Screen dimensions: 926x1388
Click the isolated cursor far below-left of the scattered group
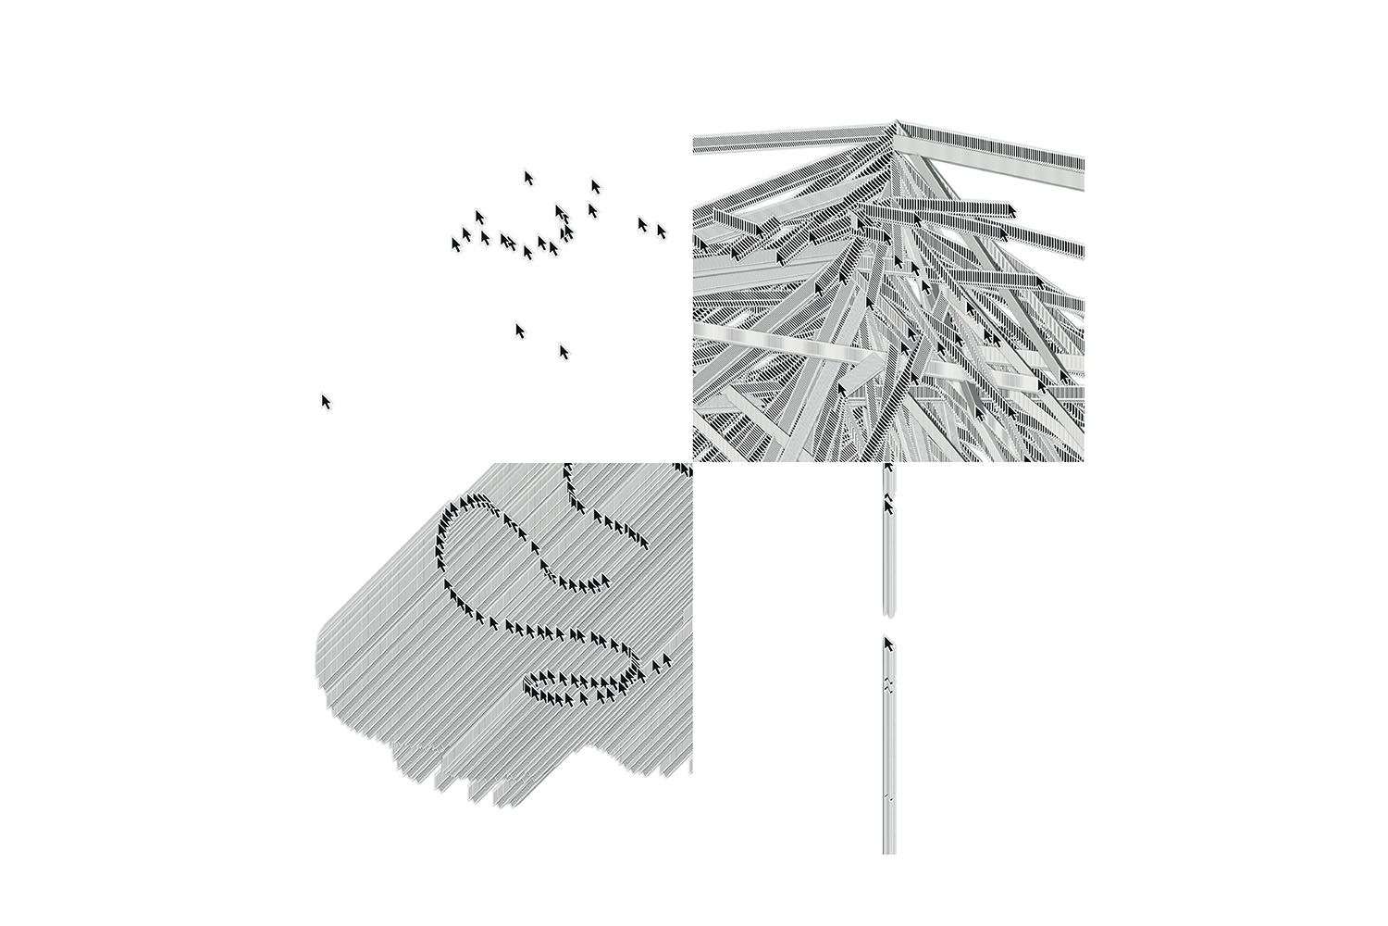[x=326, y=401]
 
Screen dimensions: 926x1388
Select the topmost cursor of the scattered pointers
[x=528, y=177]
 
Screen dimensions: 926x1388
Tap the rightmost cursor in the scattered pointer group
[x=662, y=231]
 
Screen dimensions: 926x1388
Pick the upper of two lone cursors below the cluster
[x=520, y=330]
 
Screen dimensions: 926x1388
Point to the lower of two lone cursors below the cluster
[x=564, y=351]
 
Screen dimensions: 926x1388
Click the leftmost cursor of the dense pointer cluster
[x=455, y=244]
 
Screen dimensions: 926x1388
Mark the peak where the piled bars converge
[x=895, y=123]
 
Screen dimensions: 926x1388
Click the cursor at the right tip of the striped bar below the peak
[x=1010, y=210]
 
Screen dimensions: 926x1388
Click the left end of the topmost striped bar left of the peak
[x=696, y=144]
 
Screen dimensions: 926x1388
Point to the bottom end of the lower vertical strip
[x=889, y=850]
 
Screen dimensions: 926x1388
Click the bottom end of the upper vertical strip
[x=889, y=613]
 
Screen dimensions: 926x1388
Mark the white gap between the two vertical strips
[x=889, y=626]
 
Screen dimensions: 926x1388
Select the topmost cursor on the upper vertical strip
[x=888, y=468]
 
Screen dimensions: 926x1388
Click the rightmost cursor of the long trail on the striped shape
[x=665, y=660]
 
